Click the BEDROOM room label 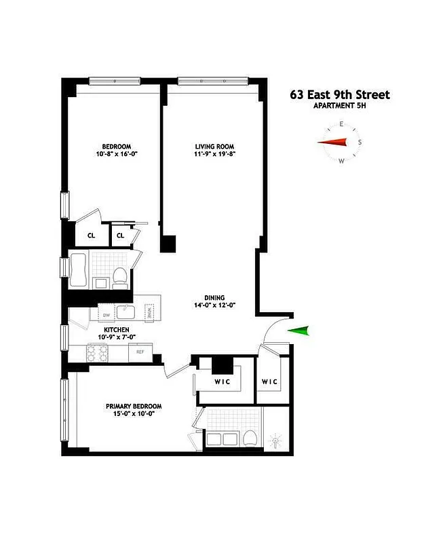point(116,147)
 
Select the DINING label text point(215,297)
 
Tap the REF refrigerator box point(140,352)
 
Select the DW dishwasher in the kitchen point(106,315)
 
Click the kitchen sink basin point(126,312)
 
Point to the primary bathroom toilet point(249,438)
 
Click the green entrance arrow point(299,331)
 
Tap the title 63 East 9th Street point(340,95)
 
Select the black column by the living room point(168,244)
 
